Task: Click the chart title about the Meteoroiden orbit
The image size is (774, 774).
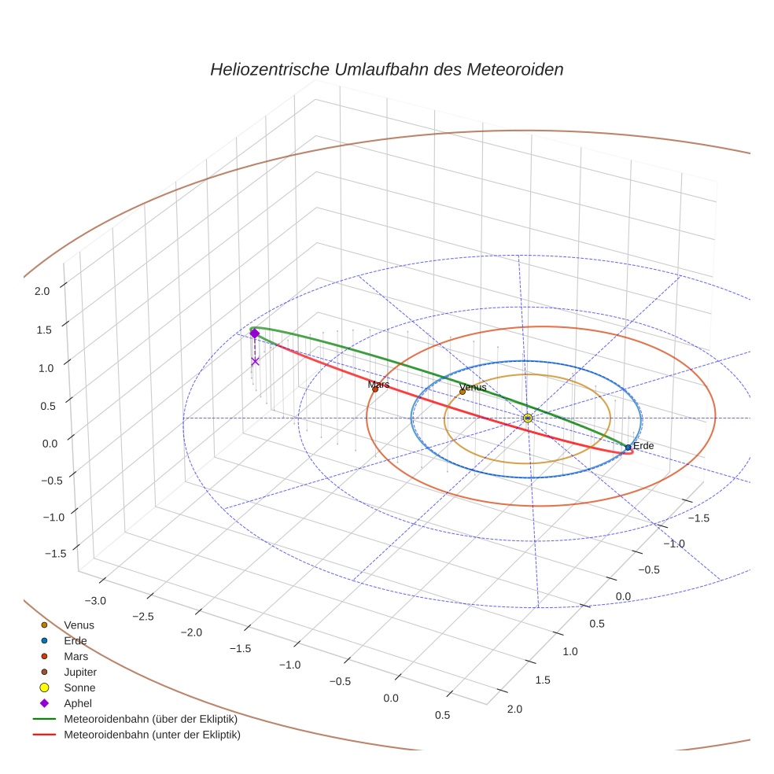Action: click(386, 69)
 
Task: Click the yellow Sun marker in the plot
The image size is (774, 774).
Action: click(527, 418)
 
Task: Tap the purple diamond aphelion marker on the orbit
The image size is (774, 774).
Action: click(254, 334)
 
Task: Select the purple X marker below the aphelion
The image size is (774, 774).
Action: click(255, 361)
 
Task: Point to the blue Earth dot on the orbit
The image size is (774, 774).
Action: click(628, 447)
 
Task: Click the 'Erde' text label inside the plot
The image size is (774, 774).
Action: click(643, 446)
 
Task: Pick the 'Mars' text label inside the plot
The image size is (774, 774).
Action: click(378, 385)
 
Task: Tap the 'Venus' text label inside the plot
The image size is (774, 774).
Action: click(473, 387)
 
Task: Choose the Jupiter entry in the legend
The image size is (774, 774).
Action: click(80, 673)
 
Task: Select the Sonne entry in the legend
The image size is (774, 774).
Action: click(79, 687)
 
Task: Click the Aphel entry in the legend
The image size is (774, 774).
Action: click(78, 703)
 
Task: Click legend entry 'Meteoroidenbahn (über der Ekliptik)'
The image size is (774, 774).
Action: click(150, 719)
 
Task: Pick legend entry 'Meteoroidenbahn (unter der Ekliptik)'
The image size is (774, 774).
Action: click(152, 735)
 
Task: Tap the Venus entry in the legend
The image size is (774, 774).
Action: click(79, 625)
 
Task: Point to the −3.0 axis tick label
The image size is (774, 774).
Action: click(95, 601)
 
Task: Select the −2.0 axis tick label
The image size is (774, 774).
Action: click(191, 632)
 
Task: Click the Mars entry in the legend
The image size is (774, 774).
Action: click(76, 656)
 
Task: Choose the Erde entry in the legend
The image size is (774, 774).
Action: click(76, 641)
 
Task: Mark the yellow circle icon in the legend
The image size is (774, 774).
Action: click(44, 687)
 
